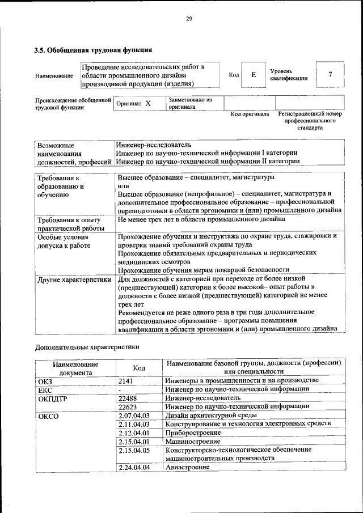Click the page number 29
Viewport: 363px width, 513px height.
pyautogui.click(x=189, y=19)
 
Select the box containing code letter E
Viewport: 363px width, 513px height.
pyautogui.click(x=254, y=74)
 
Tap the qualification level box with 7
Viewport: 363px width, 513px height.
pyautogui.click(x=330, y=74)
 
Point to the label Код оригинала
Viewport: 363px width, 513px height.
pyautogui.click(x=250, y=114)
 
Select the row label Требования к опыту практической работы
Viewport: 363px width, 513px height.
pyautogui.click(x=69, y=223)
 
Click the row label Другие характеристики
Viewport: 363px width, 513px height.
pyautogui.click(x=74, y=279)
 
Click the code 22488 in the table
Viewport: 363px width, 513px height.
pyautogui.click(x=129, y=398)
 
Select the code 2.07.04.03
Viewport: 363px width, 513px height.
pyautogui.click(x=134, y=416)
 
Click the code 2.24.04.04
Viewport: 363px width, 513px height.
pyautogui.click(x=134, y=468)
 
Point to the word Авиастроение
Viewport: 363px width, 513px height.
pyautogui.click(x=188, y=468)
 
